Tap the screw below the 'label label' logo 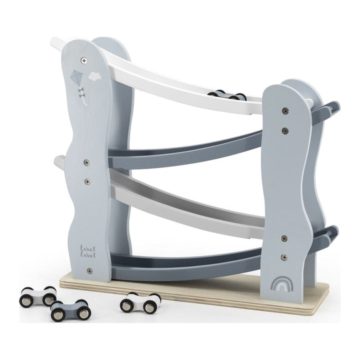tap(90, 270)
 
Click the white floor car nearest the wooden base tap(140, 302)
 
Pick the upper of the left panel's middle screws tap(86, 162)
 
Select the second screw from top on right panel tap(284, 131)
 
